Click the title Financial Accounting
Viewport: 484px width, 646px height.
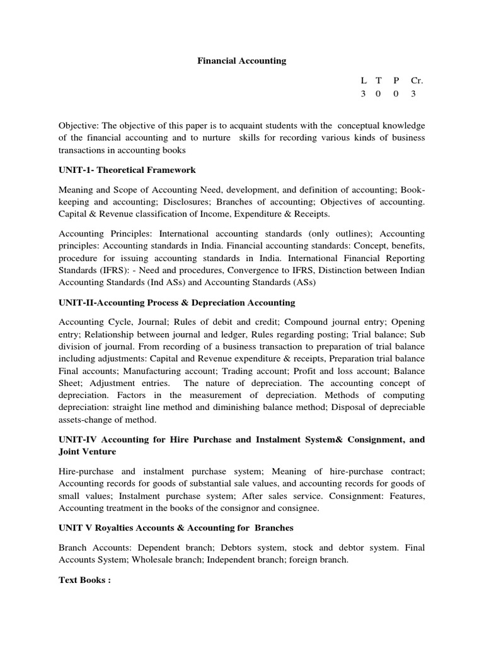[x=242, y=61]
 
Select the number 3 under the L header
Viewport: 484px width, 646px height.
[x=363, y=94]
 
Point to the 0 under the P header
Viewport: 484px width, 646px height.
[x=396, y=94]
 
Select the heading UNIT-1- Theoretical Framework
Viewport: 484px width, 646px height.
[x=127, y=170]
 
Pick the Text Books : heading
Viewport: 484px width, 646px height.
[x=84, y=580]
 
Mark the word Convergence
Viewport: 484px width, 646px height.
[x=241, y=271]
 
